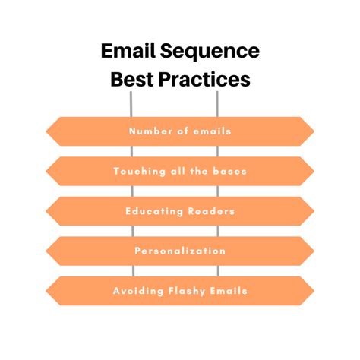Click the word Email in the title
(x=128, y=51)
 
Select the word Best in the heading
(x=132, y=79)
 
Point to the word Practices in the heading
(x=204, y=79)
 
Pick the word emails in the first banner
(x=212, y=131)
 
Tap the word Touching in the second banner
(x=140, y=172)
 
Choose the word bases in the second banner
(x=229, y=172)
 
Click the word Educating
(x=154, y=211)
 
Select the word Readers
(x=211, y=211)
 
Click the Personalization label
(x=180, y=251)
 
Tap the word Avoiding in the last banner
(x=138, y=291)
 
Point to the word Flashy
(x=187, y=291)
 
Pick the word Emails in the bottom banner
(x=229, y=291)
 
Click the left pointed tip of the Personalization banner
(x=46, y=251)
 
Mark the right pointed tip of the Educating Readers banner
(x=314, y=211)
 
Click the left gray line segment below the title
(x=131, y=104)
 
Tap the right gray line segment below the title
(x=217, y=104)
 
